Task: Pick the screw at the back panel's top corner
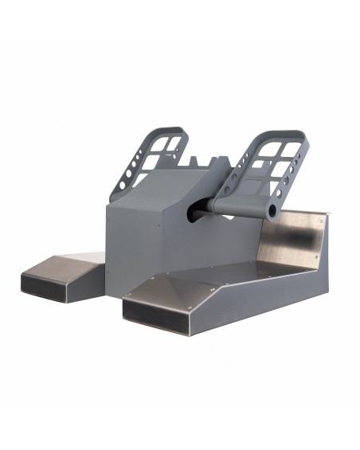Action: (x=322, y=217)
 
